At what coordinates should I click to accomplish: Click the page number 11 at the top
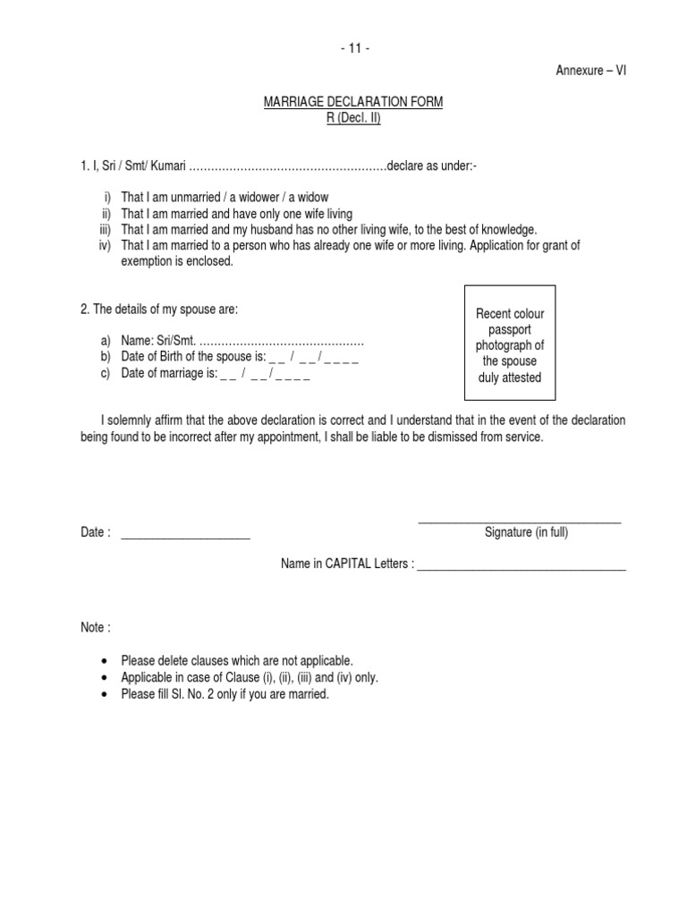tap(354, 49)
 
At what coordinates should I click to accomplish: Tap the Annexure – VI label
tap(591, 72)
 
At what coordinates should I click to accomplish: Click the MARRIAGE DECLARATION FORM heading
tap(352, 103)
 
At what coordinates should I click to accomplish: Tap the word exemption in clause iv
tap(147, 261)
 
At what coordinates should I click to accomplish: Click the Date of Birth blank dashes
tap(313, 358)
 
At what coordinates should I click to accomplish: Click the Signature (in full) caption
tap(526, 532)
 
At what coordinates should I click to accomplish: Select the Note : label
tap(96, 628)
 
